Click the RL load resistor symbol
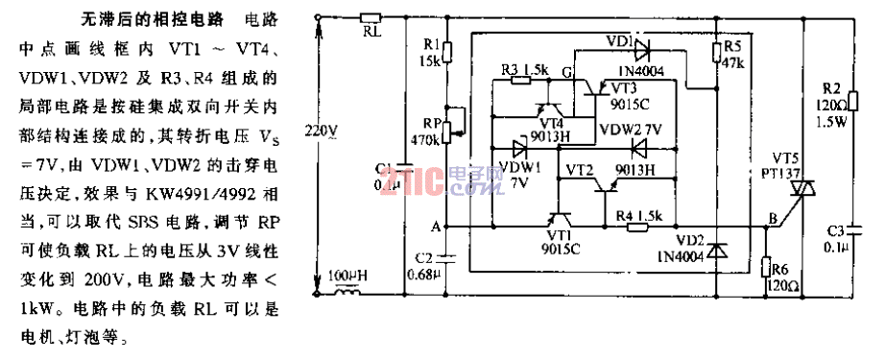click(x=371, y=16)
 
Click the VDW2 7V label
click(x=629, y=128)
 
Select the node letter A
click(x=439, y=226)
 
